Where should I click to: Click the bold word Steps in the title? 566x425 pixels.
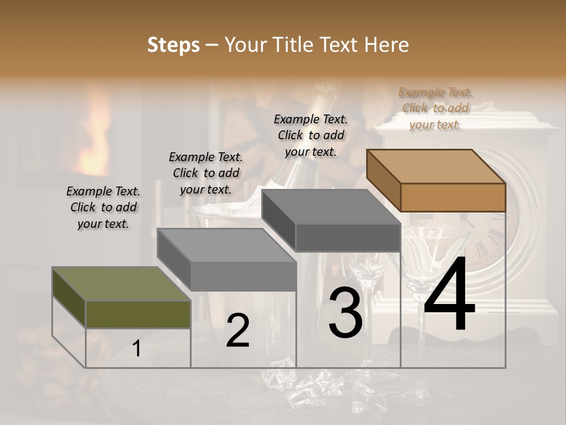(173, 45)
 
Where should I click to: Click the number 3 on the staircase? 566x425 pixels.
(345, 313)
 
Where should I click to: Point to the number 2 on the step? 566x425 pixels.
(238, 331)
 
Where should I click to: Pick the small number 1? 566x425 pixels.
(137, 349)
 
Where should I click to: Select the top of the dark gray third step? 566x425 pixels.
(330, 207)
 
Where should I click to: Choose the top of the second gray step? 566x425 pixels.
(227, 245)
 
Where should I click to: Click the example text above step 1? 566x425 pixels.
(103, 207)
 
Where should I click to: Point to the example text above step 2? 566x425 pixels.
(206, 173)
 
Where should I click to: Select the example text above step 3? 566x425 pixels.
(311, 135)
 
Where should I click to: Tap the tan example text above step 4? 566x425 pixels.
(435, 108)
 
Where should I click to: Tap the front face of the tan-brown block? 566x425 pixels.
(453, 197)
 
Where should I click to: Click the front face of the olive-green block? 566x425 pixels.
(138, 314)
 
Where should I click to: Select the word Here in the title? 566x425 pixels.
(387, 45)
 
